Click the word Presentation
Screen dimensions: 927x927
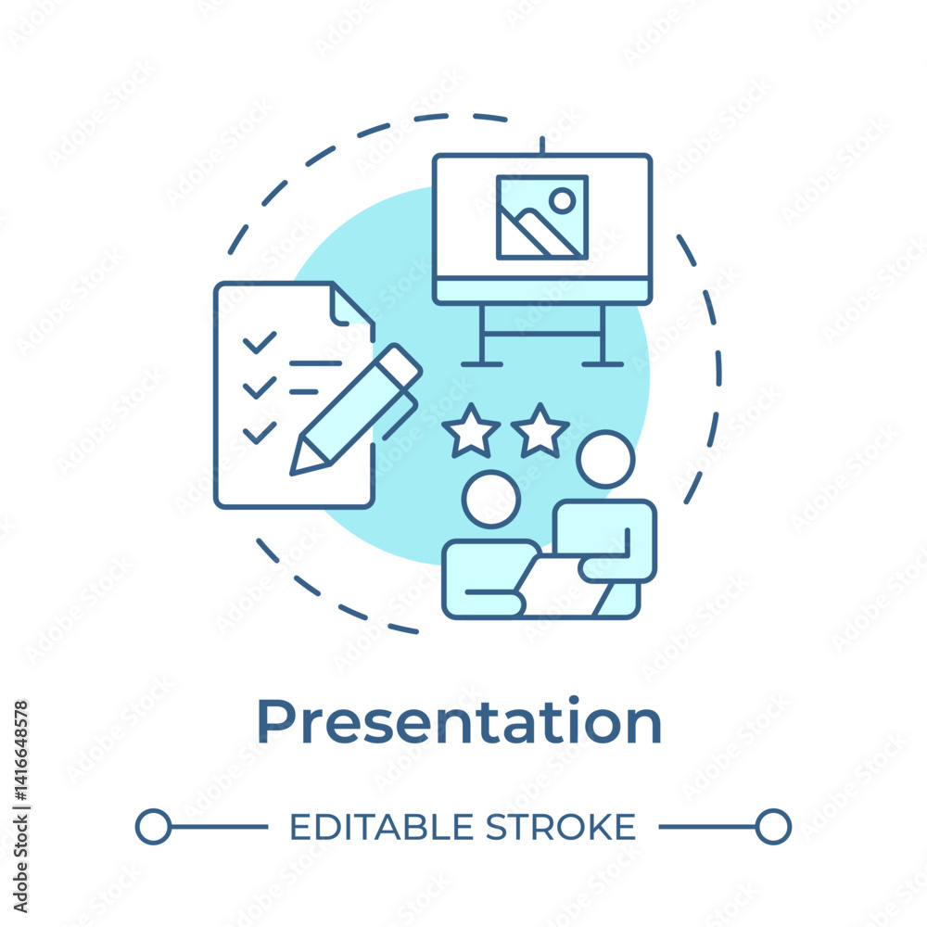pos(460,723)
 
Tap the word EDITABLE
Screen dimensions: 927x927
pos(381,827)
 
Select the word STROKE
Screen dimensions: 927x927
pos(561,827)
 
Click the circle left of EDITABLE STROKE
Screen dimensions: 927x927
pos(153,827)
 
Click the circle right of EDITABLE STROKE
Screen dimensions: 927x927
pos(773,827)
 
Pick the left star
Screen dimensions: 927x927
pos(471,432)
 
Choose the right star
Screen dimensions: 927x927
pos(540,432)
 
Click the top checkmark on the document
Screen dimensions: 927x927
pos(260,342)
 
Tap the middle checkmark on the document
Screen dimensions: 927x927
pos(260,387)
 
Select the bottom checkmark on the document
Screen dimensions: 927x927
pos(260,433)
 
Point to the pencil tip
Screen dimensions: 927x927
pos(292,473)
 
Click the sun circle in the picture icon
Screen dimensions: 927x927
pos(563,201)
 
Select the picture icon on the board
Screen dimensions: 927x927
pos(542,217)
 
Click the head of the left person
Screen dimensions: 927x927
pos(491,499)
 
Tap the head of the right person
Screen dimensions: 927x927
pos(605,460)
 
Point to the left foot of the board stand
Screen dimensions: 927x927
pos(482,364)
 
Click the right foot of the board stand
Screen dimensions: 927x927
pos(603,364)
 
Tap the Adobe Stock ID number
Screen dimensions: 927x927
pos(21,750)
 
